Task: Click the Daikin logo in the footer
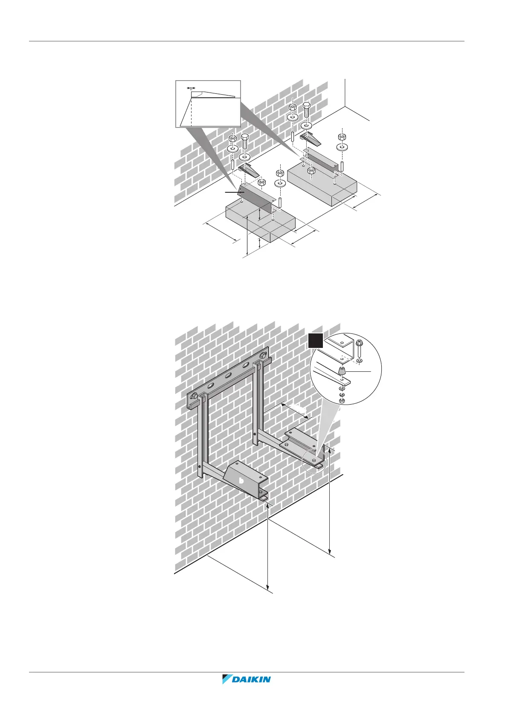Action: point(247,691)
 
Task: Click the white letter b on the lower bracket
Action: point(241,481)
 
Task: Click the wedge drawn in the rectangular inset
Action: point(213,94)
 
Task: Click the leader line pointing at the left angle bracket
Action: point(233,193)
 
